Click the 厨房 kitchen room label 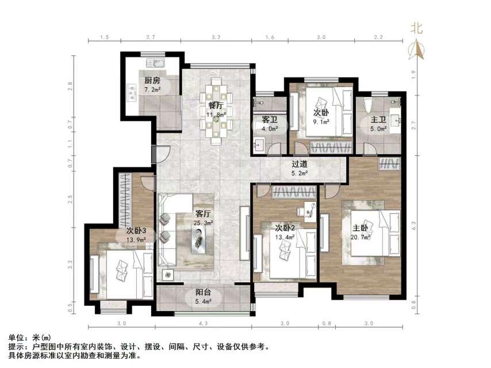[x=152, y=80]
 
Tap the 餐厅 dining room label [x=216, y=105]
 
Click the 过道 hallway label [x=299, y=163]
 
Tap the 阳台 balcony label [x=202, y=292]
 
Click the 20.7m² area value [x=360, y=236]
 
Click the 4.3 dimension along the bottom [x=204, y=324]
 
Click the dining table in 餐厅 [x=216, y=109]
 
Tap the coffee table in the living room [x=198, y=235]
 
